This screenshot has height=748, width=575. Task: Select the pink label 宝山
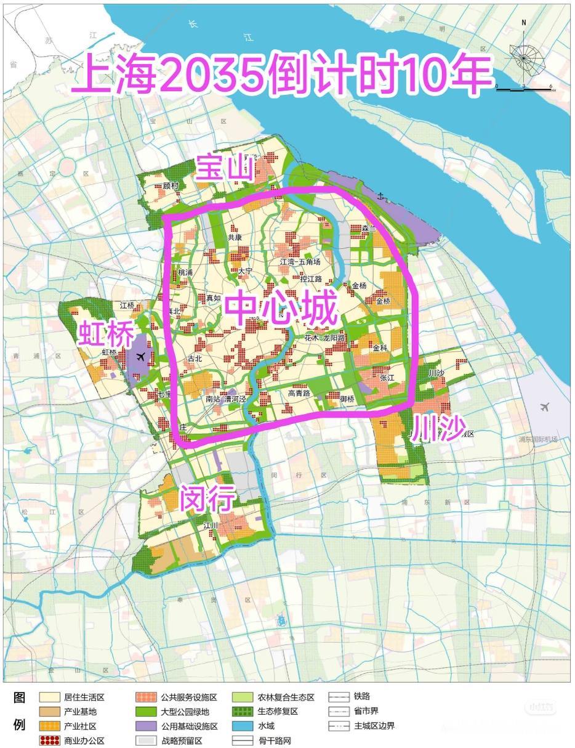click(224, 168)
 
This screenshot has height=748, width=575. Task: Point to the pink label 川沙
click(438, 428)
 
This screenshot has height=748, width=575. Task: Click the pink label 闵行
click(207, 498)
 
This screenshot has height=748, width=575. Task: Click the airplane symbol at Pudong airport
click(544, 407)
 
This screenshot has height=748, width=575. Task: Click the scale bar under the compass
click(524, 90)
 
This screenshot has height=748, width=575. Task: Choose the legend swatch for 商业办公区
click(50, 740)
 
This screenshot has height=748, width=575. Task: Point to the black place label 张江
click(387, 378)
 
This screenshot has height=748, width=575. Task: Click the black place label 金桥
click(383, 301)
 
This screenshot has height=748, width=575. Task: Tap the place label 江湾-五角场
click(300, 262)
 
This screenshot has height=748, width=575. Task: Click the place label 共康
click(235, 237)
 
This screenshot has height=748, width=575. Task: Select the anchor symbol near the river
click(380, 197)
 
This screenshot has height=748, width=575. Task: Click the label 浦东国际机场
click(537, 439)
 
